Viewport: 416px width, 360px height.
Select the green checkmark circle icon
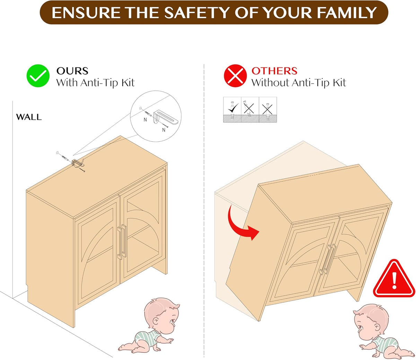click(38, 76)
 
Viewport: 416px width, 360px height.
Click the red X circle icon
click(235, 76)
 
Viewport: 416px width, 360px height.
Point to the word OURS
click(72, 71)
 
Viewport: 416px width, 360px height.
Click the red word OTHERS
click(274, 71)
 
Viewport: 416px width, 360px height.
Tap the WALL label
click(29, 117)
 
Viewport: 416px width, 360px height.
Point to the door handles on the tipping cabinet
click(328, 259)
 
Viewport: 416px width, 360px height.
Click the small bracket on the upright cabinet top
click(78, 163)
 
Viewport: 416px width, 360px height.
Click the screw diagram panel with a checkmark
click(232, 109)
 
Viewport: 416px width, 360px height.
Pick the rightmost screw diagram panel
click(268, 109)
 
